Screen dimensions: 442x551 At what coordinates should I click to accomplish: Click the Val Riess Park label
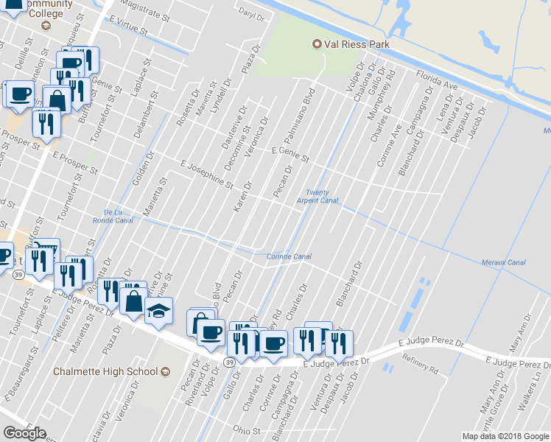click(357, 44)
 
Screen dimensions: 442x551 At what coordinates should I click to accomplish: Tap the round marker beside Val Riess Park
click(318, 44)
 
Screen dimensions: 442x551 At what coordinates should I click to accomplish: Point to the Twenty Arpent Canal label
click(317, 197)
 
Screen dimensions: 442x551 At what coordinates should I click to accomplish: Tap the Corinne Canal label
click(288, 256)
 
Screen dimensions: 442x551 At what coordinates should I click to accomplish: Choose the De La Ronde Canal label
click(113, 215)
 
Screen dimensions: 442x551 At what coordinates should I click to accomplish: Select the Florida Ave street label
click(435, 80)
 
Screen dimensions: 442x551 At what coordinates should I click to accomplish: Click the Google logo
click(24, 433)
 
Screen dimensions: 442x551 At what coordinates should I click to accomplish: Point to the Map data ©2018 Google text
click(505, 436)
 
